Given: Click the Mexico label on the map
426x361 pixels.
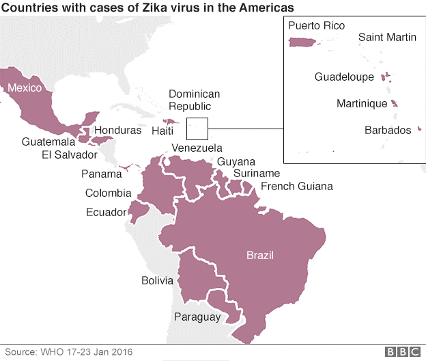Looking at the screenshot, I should pos(25,88).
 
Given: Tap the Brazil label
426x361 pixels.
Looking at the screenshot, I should pos(260,255).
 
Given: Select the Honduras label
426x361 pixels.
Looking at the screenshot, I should pos(118,130).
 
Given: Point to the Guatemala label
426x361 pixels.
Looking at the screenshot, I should pos(48,142).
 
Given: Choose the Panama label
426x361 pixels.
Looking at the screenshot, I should pos(102,174).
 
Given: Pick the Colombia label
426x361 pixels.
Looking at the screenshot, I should pos(108,193).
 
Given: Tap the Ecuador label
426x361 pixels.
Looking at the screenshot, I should pos(106,212).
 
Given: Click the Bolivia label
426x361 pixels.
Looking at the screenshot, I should pos(158,280).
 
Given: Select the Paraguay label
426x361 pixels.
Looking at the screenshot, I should pos(197,317).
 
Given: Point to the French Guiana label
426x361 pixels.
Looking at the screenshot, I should pos(297,186).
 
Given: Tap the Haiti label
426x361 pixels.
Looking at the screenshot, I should pos(162,130).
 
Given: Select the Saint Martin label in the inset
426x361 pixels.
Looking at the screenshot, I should pos(386,37).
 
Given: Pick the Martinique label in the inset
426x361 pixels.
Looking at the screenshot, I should pos(362,104).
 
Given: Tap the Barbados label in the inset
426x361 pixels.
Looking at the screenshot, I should pos(387,129).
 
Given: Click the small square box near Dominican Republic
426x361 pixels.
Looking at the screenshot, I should pos(197,128).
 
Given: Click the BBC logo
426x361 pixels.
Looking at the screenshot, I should pos(403,351).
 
